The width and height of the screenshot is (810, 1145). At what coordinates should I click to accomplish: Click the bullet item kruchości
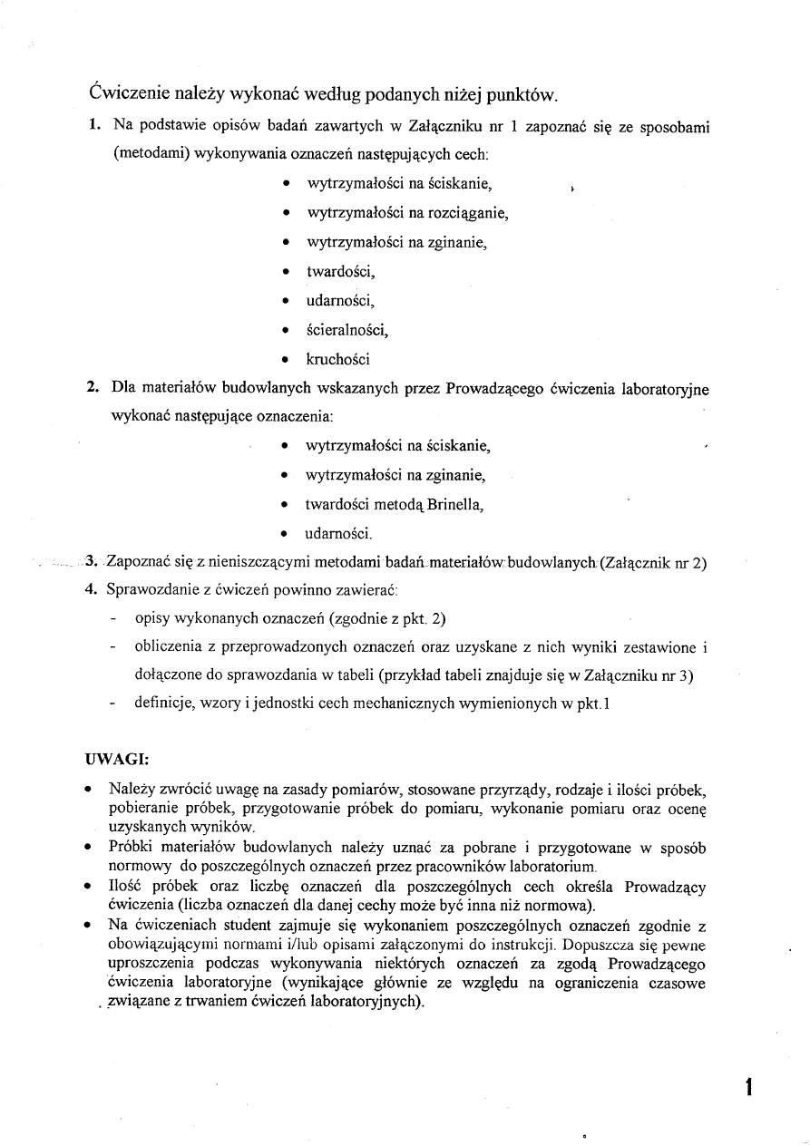coord(338,360)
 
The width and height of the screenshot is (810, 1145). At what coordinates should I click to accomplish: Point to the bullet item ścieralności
coord(347,330)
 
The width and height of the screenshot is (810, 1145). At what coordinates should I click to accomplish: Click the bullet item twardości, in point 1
coord(340,272)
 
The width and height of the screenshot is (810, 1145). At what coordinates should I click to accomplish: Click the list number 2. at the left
coord(93,389)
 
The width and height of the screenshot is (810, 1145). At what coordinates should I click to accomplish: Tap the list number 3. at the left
coord(92,562)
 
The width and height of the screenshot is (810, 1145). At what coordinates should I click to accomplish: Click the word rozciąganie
coord(464,214)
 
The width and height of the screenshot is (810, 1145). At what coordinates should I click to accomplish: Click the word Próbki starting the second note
coord(131,848)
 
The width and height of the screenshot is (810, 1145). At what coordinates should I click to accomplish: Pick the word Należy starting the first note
coord(130,789)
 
